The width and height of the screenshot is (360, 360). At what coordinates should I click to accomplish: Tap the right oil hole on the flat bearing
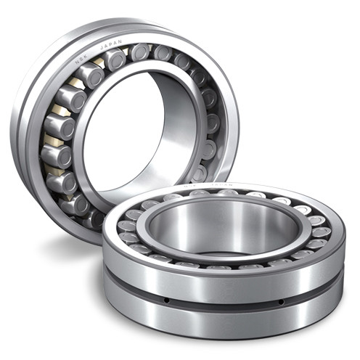tap(281, 299)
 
